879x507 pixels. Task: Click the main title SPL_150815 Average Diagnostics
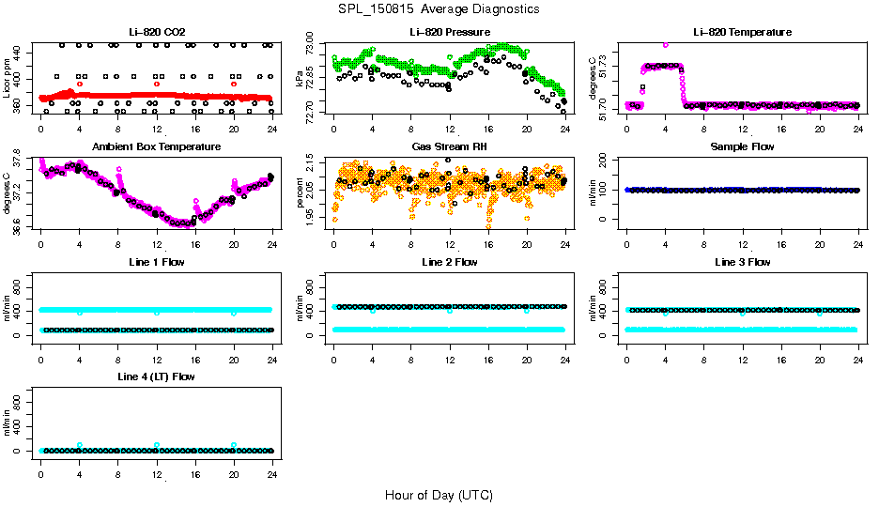pyautogui.click(x=440, y=8)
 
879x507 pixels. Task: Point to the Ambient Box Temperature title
pyautogui.click(x=156, y=146)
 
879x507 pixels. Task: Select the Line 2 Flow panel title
pyautogui.click(x=449, y=262)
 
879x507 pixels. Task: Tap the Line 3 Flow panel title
pyautogui.click(x=742, y=262)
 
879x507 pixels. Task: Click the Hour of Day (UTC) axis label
pyautogui.click(x=439, y=495)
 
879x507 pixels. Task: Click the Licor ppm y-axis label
pyautogui.click(x=8, y=79)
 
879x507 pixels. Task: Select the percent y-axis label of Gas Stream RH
pyautogui.click(x=301, y=193)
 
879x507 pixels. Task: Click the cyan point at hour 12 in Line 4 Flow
pyautogui.click(x=157, y=444)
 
